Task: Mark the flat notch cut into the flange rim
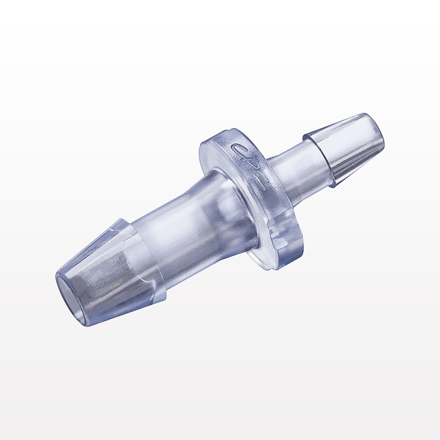[x=282, y=229]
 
